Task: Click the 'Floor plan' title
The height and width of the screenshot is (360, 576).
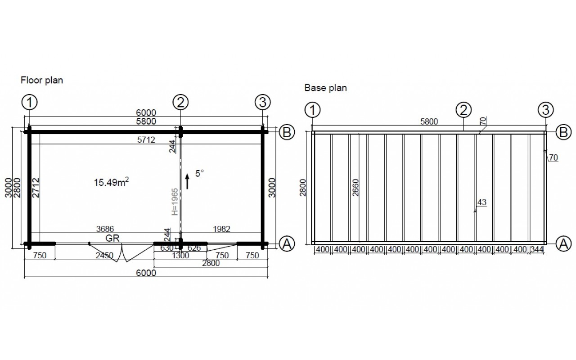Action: point(42,81)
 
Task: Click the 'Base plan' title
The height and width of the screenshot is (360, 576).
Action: point(325,88)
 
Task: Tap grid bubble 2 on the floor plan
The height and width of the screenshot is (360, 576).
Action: point(180,102)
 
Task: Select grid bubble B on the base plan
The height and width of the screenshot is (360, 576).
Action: point(563,132)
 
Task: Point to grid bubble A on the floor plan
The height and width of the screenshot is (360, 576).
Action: point(287,244)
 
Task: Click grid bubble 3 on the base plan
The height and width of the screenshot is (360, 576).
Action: point(545,110)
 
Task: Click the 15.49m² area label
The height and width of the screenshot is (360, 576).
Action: point(111,182)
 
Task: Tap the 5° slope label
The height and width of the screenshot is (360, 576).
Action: point(199,173)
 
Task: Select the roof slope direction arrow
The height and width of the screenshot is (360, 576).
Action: point(187,181)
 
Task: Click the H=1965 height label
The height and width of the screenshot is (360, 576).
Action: point(175,202)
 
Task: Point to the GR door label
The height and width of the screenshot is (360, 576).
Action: point(112,238)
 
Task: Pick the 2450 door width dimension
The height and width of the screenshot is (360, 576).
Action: point(104,255)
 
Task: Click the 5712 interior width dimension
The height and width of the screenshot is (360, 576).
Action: point(146,140)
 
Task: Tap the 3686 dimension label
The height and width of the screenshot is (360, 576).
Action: point(105,229)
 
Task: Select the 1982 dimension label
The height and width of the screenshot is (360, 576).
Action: point(221,229)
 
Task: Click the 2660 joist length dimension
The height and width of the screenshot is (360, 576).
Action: point(355,188)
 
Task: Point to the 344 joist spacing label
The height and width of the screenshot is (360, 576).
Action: point(537,249)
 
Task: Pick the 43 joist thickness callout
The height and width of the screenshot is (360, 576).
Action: point(482,202)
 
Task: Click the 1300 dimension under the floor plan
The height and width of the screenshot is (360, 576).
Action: point(180,255)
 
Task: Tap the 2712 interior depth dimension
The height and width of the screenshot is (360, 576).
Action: point(36,188)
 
